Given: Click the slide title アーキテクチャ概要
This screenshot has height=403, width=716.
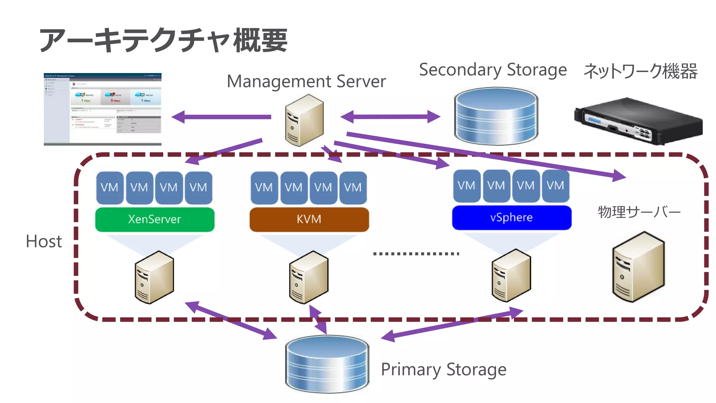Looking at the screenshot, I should click(164, 41).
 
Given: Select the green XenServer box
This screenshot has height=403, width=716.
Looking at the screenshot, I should click(155, 219).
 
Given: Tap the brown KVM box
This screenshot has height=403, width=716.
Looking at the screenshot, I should click(309, 219).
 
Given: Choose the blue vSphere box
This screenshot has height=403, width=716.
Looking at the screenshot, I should click(511, 218).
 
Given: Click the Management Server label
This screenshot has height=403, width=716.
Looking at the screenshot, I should click(306, 82).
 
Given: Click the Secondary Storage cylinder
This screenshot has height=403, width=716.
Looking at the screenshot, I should click(496, 116).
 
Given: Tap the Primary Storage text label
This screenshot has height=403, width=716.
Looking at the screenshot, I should click(443, 370).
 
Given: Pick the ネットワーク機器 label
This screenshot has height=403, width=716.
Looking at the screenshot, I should click(640, 71).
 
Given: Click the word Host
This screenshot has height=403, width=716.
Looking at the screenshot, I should click(44, 241).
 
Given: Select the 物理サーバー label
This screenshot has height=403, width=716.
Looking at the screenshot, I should click(639, 212).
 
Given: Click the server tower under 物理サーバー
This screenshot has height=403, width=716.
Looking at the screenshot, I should click(638, 267).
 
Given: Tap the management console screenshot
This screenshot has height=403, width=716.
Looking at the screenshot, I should click(102, 109).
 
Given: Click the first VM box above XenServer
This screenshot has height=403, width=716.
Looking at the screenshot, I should click(109, 188).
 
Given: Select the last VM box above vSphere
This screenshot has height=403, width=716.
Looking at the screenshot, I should click(555, 186).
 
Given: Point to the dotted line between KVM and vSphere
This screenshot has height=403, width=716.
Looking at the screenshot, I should click(416, 254).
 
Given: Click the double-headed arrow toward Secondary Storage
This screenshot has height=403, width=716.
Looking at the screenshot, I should click(390, 116).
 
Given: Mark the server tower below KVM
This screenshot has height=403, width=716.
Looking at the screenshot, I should click(309, 277).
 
